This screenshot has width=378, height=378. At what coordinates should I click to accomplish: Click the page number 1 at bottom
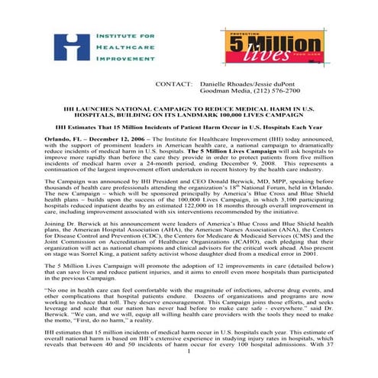189,371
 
